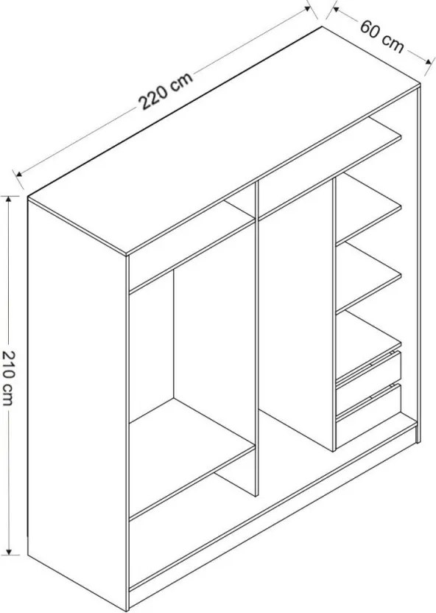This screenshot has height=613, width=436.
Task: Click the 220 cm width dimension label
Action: [166, 91]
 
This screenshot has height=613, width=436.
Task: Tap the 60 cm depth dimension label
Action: [381, 36]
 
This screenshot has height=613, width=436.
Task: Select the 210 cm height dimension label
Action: [9, 379]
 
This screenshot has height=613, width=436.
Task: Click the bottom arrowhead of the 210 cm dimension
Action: [9, 551]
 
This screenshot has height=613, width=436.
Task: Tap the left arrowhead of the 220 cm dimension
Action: [18, 174]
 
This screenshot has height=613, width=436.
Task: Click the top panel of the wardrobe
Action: [224, 141]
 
